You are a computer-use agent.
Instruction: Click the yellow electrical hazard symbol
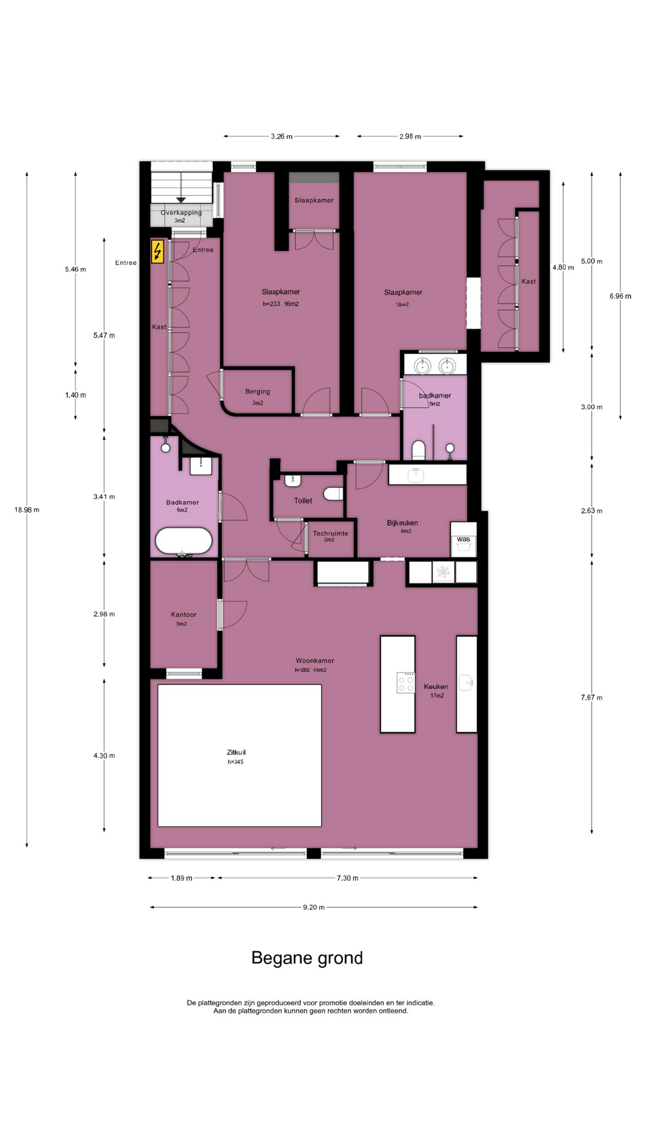point(157,252)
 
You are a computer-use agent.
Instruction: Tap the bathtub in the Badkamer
point(184,541)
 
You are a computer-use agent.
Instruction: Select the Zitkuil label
point(236,752)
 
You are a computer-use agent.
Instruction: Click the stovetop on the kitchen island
point(406,682)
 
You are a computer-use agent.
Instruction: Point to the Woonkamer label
point(315,661)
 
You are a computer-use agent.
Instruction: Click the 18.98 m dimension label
point(27,510)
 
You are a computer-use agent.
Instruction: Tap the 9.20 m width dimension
point(313,907)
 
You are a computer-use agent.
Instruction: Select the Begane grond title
point(307,958)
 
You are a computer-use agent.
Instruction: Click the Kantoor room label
point(184,615)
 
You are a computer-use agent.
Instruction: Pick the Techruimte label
point(330,533)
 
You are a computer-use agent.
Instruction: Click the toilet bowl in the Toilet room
point(333,493)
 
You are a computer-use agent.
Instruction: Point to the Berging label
point(258,392)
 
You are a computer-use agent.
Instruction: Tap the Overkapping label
point(181,212)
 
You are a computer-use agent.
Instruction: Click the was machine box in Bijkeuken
point(464,540)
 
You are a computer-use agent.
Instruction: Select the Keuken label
point(436,686)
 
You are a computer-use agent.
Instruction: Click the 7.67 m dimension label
point(592,697)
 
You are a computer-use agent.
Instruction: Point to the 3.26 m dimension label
point(282,136)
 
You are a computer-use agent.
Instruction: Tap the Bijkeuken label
point(403,523)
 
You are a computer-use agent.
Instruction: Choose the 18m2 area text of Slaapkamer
point(402,304)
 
